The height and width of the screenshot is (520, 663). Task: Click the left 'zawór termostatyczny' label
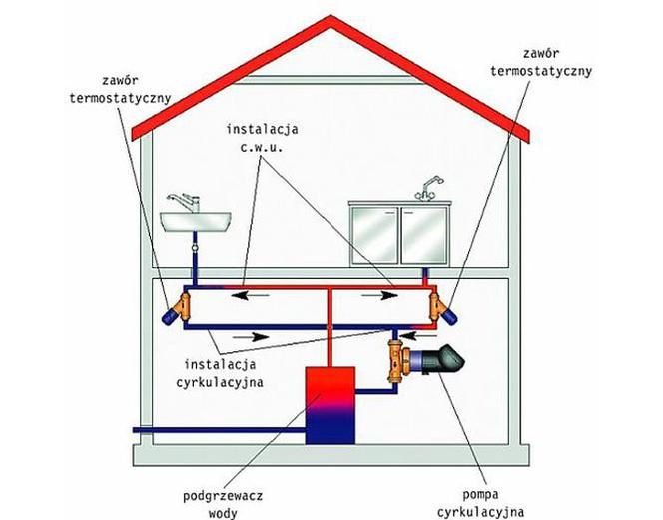coord(120,89)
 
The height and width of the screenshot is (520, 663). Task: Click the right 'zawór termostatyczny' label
coord(541,62)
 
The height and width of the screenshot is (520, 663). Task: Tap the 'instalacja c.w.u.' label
coord(263,138)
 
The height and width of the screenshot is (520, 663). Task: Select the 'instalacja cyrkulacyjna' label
coord(220,373)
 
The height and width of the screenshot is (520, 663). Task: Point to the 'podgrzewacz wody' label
coord(223,504)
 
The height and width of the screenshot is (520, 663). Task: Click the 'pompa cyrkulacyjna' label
coord(480,503)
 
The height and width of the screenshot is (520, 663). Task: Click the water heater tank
coord(331,405)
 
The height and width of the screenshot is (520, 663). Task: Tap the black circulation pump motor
coord(444,359)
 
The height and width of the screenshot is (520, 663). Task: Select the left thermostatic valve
coord(178,307)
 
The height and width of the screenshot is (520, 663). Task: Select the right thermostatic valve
coord(442,307)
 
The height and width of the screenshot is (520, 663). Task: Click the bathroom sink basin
coord(196,222)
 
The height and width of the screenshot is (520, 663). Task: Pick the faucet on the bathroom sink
coord(185,202)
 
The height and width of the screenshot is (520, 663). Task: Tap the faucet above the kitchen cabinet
coord(428,188)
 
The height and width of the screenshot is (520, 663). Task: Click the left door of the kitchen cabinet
coord(374,235)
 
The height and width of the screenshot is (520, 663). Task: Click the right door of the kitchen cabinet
coord(424,235)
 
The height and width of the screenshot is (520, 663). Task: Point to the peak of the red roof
coord(331,16)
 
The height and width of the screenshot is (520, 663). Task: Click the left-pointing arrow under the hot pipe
coord(251,295)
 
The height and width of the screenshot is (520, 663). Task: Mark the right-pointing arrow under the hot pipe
coord(379,295)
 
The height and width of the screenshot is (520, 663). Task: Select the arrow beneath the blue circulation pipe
coord(251,337)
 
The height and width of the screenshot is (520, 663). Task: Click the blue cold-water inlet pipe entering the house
coord(219,430)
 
